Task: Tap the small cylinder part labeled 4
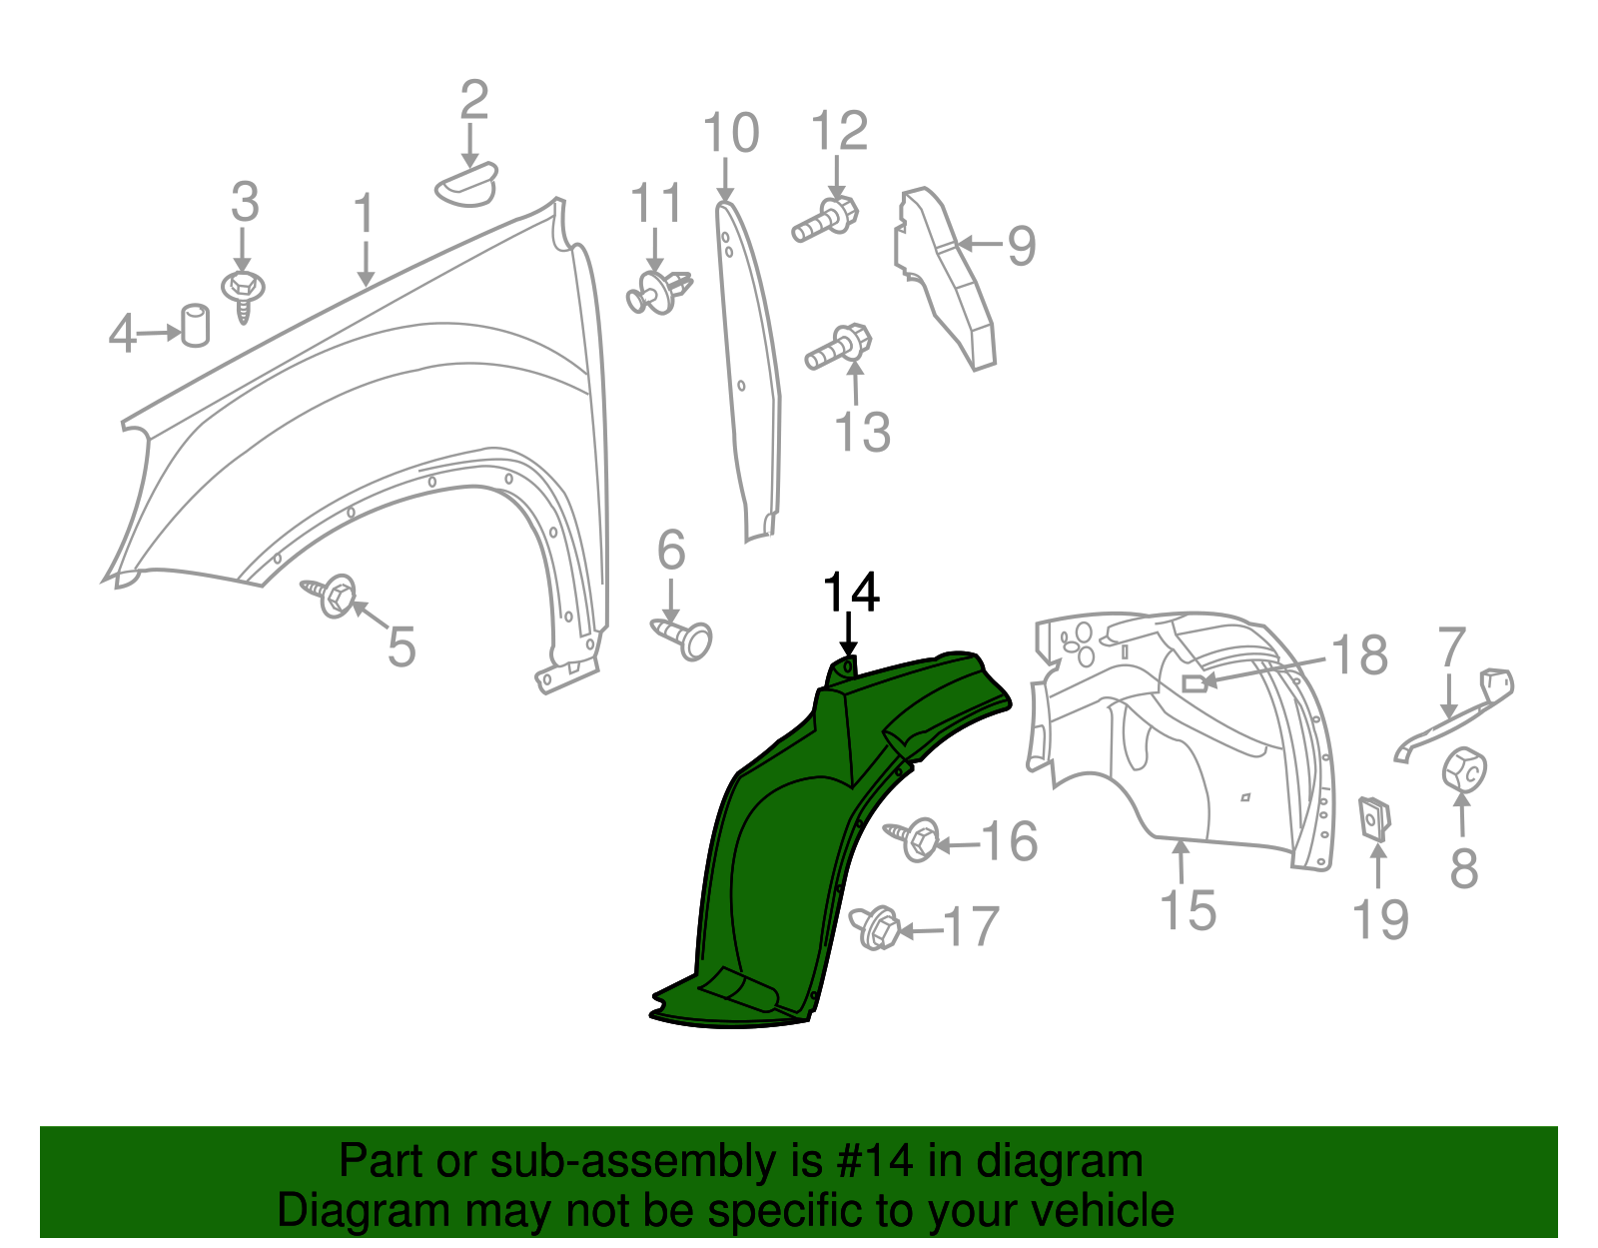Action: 195,325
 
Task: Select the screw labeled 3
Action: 243,292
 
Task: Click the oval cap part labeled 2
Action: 466,183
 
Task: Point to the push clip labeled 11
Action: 658,290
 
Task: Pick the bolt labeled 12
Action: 827,219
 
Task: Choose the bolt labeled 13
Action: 840,347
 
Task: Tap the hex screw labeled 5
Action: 332,596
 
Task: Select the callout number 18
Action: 1359,656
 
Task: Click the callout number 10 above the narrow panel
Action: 731,133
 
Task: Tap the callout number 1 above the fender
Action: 365,214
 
